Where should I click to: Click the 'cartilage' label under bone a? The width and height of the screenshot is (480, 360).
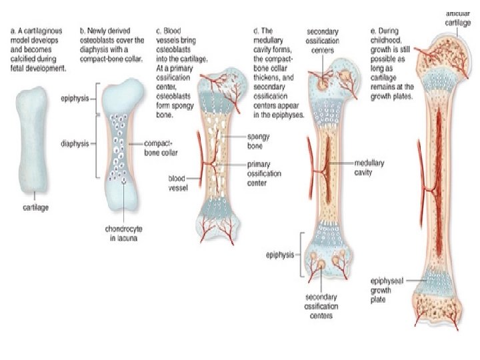pos(31,207)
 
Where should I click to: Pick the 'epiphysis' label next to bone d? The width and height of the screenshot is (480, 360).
pos(278,254)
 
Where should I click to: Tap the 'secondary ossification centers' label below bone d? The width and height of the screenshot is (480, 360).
pos(321,306)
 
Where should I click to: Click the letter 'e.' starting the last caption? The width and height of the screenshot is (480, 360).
pos(373,31)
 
